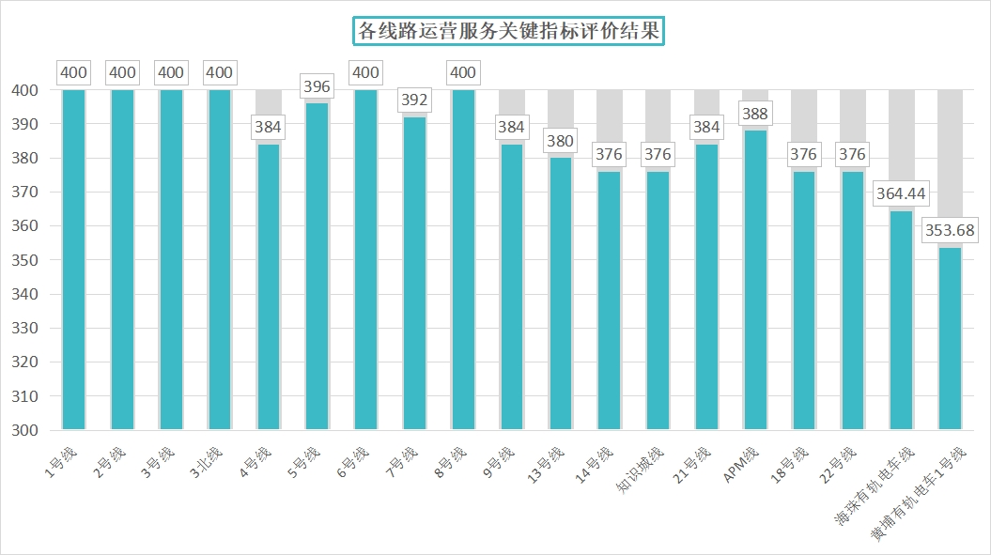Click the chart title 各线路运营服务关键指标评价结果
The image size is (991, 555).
[509, 31]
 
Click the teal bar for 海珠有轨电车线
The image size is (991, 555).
[901, 320]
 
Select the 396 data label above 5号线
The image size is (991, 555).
[317, 87]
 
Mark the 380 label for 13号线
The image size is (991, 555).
[561, 142]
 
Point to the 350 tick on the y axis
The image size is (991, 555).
[24, 260]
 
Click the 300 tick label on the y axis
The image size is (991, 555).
[24, 431]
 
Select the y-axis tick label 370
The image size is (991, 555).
[24, 193]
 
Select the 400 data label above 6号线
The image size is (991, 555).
[365, 73]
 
